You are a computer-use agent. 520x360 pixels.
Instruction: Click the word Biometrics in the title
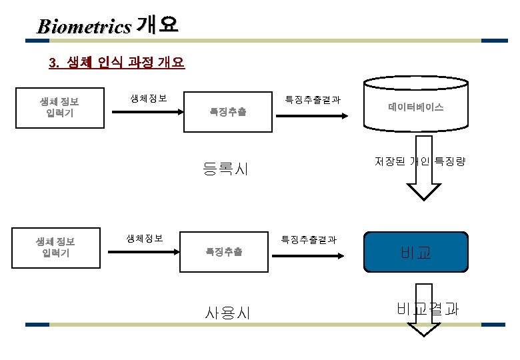(x=84, y=27)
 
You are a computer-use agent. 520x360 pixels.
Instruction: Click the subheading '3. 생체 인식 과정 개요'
(x=117, y=63)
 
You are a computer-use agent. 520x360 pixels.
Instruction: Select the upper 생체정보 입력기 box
(x=59, y=107)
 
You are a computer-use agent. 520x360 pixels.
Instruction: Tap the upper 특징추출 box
(x=227, y=112)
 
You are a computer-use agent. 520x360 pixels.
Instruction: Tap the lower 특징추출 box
(x=223, y=251)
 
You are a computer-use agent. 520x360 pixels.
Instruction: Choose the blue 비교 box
(x=416, y=252)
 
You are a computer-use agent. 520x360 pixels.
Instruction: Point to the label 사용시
(x=228, y=311)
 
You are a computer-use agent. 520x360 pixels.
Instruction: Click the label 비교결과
(x=427, y=309)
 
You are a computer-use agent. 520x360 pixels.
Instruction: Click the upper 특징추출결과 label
(x=313, y=100)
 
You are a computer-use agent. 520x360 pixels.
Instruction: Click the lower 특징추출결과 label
(x=308, y=239)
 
